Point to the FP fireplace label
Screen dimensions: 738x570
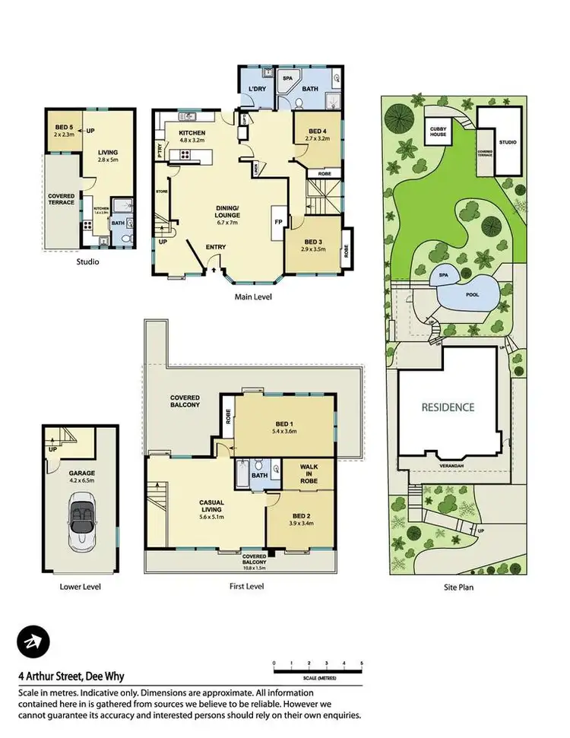coord(277,221)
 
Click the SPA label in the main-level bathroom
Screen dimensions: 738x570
coord(288,79)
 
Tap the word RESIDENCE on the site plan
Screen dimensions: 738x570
coord(448,407)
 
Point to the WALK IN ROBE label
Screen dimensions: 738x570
coord(308,474)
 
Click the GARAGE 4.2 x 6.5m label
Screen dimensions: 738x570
coord(81,477)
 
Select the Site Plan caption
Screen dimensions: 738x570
coord(458,587)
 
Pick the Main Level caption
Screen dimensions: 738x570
coord(253,297)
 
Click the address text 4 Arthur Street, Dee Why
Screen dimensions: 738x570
coord(71,676)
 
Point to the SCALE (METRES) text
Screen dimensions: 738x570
coord(318,678)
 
